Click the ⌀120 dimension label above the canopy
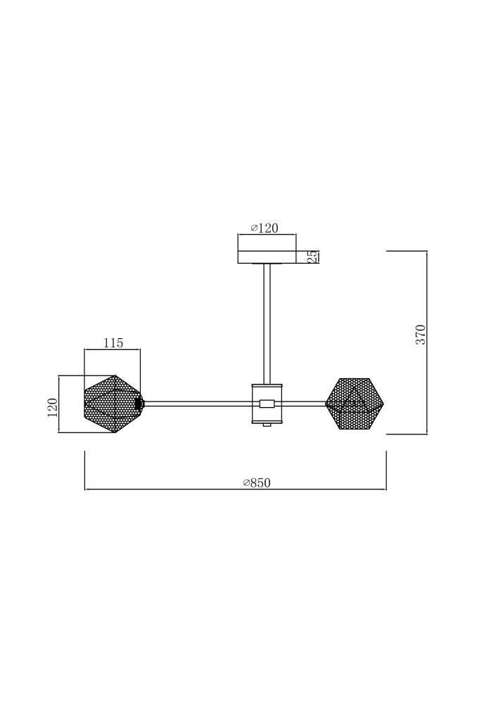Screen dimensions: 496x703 [265, 228]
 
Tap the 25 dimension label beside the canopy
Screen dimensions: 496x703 [314, 257]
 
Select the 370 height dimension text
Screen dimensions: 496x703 [421, 334]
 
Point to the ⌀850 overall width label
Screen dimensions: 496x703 [257, 483]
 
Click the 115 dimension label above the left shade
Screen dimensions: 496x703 [113, 343]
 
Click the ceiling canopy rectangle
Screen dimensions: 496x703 [267, 257]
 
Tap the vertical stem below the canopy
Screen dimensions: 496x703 [267, 323]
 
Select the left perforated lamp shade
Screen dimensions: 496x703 [113, 404]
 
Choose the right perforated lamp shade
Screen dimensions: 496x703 [355, 404]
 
